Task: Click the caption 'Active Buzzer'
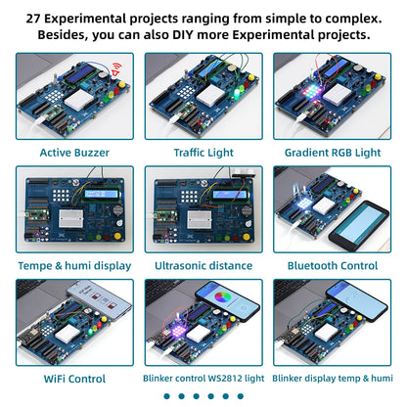[73, 152]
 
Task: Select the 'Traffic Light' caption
[203, 152]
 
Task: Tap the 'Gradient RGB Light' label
[333, 152]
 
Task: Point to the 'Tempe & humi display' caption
[73, 265]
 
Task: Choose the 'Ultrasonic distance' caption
[203, 265]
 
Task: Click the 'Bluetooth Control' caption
[333, 265]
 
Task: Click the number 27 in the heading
[35, 19]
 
